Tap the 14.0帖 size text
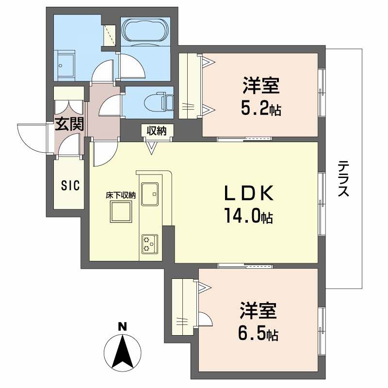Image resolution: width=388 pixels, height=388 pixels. click(248, 214)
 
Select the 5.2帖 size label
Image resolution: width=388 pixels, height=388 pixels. click(260, 110)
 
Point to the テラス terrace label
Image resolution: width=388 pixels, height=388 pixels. click(343, 178)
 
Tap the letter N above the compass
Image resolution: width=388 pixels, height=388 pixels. click(123, 326)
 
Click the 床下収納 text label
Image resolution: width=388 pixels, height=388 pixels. click(121, 195)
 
